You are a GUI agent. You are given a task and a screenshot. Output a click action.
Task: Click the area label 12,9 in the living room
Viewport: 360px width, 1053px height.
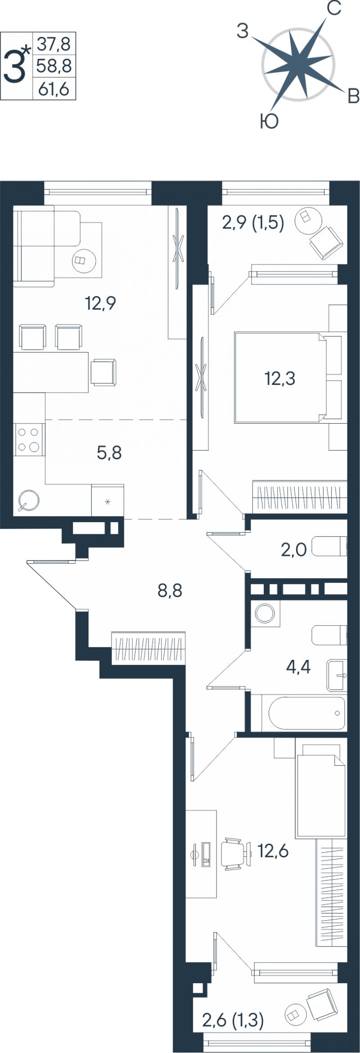(x=101, y=303)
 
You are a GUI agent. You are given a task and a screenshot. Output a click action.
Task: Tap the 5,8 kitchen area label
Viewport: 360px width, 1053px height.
(x=109, y=453)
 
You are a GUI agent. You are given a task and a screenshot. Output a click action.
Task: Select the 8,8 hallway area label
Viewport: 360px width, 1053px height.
(x=170, y=590)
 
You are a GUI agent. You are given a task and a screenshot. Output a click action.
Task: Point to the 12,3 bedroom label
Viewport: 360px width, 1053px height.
(x=279, y=379)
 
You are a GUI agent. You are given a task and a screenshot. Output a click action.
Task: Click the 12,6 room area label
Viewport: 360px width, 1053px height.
(x=273, y=851)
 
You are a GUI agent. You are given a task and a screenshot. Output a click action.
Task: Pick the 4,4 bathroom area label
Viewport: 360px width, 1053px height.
(x=298, y=667)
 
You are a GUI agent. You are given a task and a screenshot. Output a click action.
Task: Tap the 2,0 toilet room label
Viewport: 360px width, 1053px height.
(x=294, y=550)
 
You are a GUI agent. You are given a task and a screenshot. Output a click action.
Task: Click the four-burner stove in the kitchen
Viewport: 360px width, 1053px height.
(x=29, y=440)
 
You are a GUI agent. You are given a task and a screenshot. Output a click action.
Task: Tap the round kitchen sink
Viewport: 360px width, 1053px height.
(x=28, y=500)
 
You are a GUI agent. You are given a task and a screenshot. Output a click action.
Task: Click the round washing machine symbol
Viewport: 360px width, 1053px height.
(x=265, y=613)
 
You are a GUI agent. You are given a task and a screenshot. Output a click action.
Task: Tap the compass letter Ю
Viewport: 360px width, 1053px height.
(x=269, y=121)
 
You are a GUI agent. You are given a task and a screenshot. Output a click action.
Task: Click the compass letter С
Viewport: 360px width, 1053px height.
(x=333, y=8)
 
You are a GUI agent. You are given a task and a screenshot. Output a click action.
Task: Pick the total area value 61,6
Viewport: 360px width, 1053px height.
(x=54, y=89)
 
